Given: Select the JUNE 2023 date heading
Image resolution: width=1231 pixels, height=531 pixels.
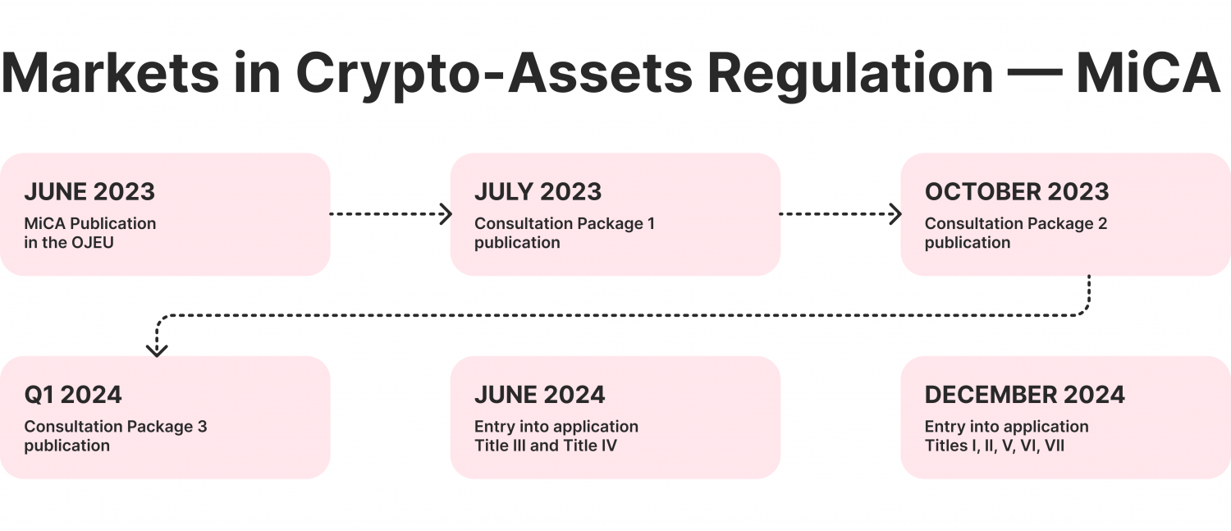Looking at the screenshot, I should coord(89,192).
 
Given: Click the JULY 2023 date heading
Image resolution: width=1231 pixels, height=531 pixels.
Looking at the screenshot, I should coord(538,192).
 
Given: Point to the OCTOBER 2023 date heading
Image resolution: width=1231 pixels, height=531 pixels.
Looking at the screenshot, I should coord(1017,192).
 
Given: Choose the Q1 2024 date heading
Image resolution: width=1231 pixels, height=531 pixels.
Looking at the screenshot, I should coord(73,395).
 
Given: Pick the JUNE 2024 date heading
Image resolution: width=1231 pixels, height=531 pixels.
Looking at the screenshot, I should coord(539,395).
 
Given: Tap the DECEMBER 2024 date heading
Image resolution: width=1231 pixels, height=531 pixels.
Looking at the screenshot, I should coord(1024,395).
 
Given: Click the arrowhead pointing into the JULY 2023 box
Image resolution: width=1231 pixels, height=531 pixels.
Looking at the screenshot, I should coord(446,214).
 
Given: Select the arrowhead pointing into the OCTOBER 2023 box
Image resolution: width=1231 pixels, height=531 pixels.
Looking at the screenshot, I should coord(895,214).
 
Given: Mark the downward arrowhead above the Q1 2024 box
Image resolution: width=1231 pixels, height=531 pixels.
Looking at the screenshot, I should coord(157,350).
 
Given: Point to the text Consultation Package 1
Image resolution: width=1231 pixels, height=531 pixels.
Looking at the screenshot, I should coord(565,223).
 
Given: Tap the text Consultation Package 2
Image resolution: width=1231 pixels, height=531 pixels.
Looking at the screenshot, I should coord(1015,223).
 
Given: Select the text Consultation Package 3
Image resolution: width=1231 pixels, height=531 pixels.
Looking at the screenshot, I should coord(115,427).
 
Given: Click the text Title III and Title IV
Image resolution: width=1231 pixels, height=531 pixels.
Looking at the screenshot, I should coord(545,446).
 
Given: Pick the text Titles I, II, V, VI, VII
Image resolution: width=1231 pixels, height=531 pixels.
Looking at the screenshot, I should coord(994,446).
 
